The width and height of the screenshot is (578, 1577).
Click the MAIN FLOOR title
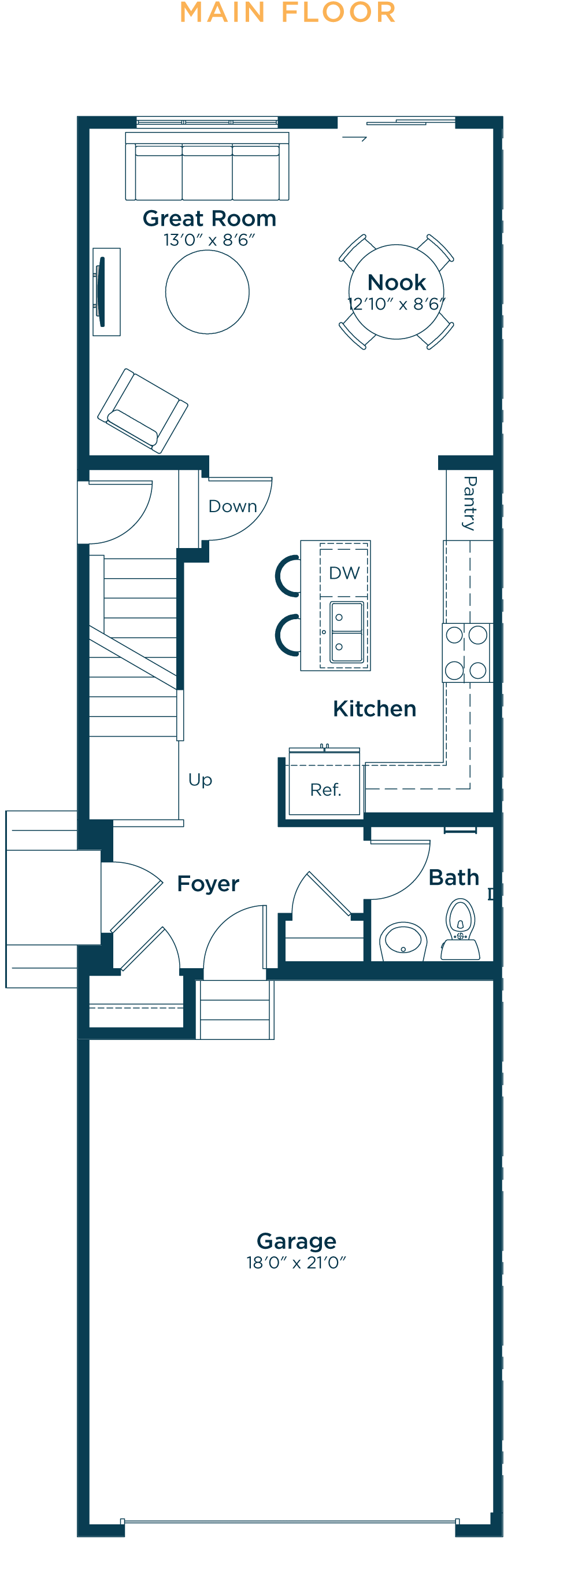click(x=288, y=12)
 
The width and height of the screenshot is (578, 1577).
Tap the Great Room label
click(x=209, y=219)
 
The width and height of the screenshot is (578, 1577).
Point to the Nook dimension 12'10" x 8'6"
click(x=397, y=304)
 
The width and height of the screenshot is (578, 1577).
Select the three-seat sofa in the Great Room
click(x=208, y=166)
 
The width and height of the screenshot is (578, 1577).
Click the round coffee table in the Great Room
click(x=208, y=292)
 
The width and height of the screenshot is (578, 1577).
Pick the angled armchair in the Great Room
click(x=143, y=411)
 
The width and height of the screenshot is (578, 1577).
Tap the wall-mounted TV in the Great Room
click(x=101, y=292)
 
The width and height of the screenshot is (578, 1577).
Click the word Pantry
click(x=470, y=503)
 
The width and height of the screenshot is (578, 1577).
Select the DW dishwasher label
click(x=344, y=573)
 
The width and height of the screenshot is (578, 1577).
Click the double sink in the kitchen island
click(x=347, y=632)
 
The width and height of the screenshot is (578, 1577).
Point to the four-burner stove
click(x=466, y=653)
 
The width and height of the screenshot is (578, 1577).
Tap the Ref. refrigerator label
click(x=325, y=790)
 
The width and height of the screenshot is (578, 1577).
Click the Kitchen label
click(x=375, y=709)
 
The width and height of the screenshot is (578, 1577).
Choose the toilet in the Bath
click(x=461, y=929)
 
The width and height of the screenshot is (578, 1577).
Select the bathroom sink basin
click(x=403, y=940)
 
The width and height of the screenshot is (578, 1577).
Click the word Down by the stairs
click(x=232, y=506)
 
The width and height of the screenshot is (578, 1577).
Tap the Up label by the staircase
click(x=200, y=781)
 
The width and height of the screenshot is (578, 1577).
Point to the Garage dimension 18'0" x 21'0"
click(x=296, y=1262)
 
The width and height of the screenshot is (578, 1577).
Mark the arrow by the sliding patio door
click(x=354, y=138)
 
